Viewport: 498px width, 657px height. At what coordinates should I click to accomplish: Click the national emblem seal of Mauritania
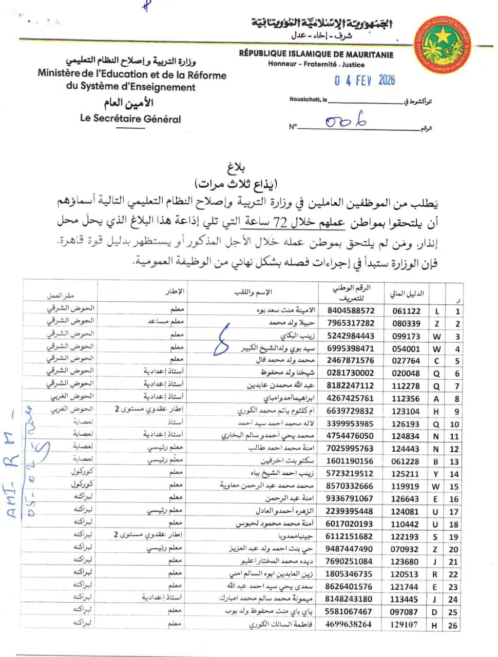[x=443, y=44]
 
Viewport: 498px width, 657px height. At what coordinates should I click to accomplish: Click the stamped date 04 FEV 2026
[x=365, y=80]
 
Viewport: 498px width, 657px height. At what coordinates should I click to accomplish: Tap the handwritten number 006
[x=346, y=121]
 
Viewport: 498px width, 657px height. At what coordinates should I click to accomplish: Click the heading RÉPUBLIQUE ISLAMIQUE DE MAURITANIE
[x=316, y=54]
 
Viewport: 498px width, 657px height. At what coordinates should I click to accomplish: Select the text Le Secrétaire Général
[x=130, y=119]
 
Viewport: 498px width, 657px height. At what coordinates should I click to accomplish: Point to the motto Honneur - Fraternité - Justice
[x=316, y=64]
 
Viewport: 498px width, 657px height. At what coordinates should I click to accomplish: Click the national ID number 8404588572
[x=351, y=311]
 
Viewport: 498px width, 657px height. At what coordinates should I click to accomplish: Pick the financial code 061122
[x=406, y=311]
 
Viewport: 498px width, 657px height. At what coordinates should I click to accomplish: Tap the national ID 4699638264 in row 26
[x=349, y=624]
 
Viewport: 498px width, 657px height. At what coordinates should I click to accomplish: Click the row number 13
[x=454, y=461]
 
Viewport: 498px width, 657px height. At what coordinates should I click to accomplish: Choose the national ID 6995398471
[x=350, y=348]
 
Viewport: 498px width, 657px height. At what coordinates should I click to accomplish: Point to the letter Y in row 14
[x=436, y=474]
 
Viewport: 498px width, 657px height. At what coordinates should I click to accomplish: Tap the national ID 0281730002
[x=350, y=373]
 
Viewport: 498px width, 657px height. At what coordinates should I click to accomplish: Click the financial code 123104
[x=405, y=411]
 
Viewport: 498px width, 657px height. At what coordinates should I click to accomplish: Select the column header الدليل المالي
[x=407, y=294]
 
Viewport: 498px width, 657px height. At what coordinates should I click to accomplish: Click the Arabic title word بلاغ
[x=236, y=167]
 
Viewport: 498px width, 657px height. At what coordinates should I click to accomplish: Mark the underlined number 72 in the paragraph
[x=280, y=222]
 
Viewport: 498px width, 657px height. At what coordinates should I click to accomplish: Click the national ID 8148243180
[x=349, y=599]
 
